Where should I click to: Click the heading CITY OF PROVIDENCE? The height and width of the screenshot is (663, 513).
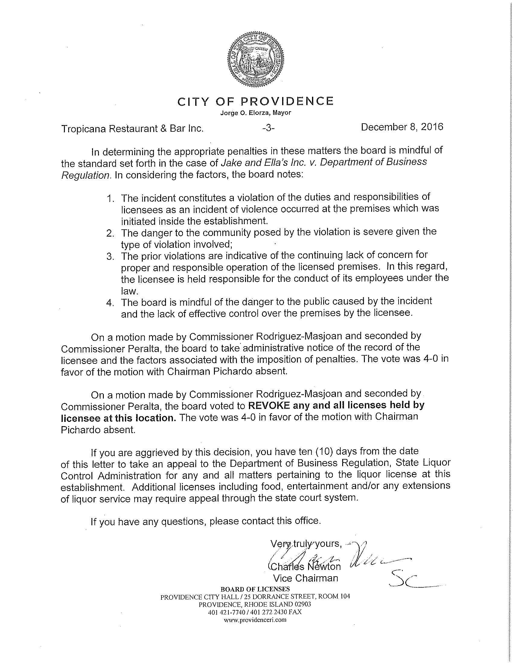[x=256, y=101]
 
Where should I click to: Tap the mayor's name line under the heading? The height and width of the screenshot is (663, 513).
[x=256, y=113]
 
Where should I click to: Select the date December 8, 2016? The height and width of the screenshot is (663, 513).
[x=402, y=127]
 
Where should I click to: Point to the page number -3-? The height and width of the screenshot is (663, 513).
[x=268, y=128]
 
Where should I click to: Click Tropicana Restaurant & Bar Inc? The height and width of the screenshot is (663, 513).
[x=132, y=129]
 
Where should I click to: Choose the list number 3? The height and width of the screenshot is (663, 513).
[x=110, y=257]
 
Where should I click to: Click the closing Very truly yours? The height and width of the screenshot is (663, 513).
[x=306, y=544]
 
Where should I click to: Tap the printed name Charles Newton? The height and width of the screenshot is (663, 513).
[x=305, y=567]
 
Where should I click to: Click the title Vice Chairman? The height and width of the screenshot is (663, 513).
[x=305, y=578]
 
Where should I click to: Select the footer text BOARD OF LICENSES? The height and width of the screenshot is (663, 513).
[x=255, y=589]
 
